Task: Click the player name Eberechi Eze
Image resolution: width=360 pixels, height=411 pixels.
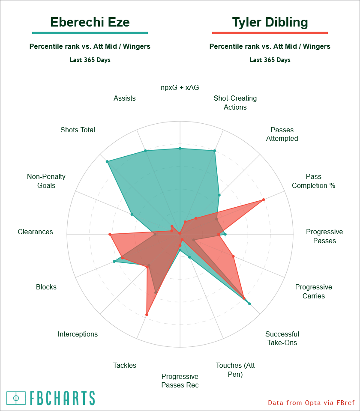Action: pyautogui.click(x=90, y=22)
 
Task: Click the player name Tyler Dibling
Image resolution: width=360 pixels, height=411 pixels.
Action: pyautogui.click(x=270, y=22)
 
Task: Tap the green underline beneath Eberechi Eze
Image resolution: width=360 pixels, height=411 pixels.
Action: pyautogui.click(x=90, y=33)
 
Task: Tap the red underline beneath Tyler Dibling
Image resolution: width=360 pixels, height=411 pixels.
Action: pyautogui.click(x=270, y=33)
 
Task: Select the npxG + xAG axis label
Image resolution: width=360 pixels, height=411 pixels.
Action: pyautogui.click(x=180, y=87)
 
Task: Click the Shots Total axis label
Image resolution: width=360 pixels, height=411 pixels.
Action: pyautogui.click(x=78, y=130)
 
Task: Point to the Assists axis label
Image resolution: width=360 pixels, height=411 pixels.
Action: pyautogui.click(x=125, y=98)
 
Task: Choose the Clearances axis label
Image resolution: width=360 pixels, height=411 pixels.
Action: pyautogui.click(x=36, y=232)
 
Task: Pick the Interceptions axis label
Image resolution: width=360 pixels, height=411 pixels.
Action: pyautogui.click(x=78, y=334)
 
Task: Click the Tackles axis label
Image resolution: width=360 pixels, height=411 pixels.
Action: pyautogui.click(x=125, y=365)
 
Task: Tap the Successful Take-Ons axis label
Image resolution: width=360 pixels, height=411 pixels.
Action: pyautogui.click(x=282, y=338)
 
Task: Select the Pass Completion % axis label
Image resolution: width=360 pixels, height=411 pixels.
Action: pyautogui.click(x=314, y=181)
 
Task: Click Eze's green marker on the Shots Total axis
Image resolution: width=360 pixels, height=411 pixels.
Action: pyautogui.click(x=107, y=161)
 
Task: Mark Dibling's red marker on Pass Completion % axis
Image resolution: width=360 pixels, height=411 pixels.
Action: pyautogui.click(x=264, y=200)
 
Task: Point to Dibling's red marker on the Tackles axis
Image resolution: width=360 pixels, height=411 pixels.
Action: pyautogui.click(x=147, y=315)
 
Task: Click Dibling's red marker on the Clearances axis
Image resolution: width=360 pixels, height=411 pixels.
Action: pyautogui.click(x=110, y=235)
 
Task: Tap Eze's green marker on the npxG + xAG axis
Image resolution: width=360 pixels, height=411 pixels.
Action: pyautogui.click(x=180, y=149)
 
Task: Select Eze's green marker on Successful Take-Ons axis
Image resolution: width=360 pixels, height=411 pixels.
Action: pyautogui.click(x=249, y=303)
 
